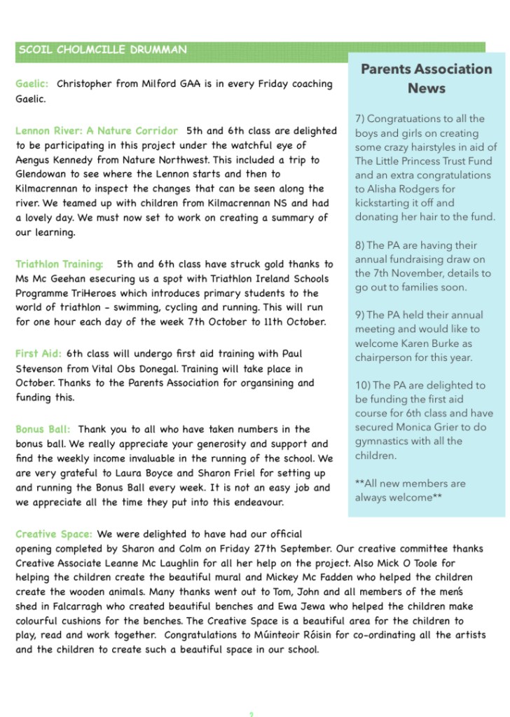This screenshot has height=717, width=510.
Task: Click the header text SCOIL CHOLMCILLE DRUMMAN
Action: [x=103, y=50]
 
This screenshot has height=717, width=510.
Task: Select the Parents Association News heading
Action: [x=426, y=78]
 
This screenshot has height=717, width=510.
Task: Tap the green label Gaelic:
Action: [x=32, y=84]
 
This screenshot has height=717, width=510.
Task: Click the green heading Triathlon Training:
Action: [x=60, y=264]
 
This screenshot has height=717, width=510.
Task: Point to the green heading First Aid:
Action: [x=39, y=354]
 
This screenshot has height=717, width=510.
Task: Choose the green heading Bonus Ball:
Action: [x=43, y=429]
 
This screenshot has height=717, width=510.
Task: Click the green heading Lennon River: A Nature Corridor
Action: [x=97, y=131]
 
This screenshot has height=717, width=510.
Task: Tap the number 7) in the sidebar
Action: [x=360, y=119]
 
